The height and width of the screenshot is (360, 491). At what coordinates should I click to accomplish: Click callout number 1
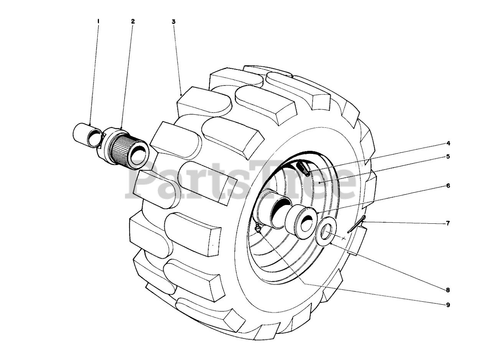click(x=98, y=22)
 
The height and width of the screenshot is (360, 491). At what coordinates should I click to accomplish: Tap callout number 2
click(x=133, y=22)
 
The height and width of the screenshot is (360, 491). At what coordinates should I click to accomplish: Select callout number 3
click(x=173, y=22)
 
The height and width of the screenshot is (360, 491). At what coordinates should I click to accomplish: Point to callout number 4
click(x=448, y=144)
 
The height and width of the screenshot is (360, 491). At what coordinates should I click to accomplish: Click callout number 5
click(x=448, y=157)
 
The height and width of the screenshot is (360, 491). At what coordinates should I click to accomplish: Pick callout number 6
click(x=448, y=186)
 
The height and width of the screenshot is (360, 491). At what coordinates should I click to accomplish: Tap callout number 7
click(x=448, y=223)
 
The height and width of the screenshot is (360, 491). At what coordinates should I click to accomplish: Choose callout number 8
click(x=448, y=290)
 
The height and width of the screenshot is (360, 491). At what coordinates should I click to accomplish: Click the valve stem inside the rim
click(x=303, y=168)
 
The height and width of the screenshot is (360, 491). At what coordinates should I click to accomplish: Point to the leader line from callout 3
click(x=177, y=58)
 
